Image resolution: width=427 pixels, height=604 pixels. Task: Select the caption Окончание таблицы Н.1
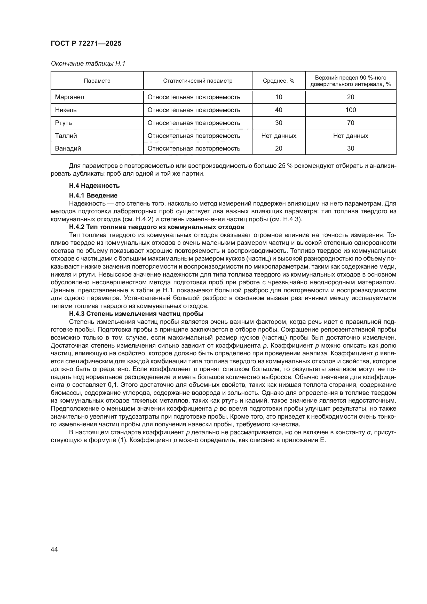point(88,64)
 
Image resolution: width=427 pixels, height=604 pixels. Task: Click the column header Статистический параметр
point(197,81)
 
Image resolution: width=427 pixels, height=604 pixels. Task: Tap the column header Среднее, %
point(279,81)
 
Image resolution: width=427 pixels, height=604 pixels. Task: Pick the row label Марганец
point(70,97)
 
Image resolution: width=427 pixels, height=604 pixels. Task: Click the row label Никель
point(66,110)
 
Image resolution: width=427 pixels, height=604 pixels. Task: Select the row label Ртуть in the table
point(63,123)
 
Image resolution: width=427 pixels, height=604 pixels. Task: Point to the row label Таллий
point(66,136)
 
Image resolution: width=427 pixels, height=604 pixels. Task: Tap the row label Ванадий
point(68,148)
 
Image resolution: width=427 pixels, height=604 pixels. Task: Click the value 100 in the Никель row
point(351,110)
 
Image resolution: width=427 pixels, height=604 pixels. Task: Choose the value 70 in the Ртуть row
point(351,123)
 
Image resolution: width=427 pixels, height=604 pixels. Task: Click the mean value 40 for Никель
point(279,110)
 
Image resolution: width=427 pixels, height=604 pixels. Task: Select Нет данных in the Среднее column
point(279,136)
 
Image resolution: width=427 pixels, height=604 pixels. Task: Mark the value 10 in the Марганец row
point(279,97)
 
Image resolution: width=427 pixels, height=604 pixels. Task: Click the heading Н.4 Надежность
point(94,186)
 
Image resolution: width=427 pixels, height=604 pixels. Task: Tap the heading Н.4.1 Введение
point(93,195)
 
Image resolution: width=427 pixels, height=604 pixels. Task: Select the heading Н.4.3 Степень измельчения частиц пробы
point(136,314)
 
